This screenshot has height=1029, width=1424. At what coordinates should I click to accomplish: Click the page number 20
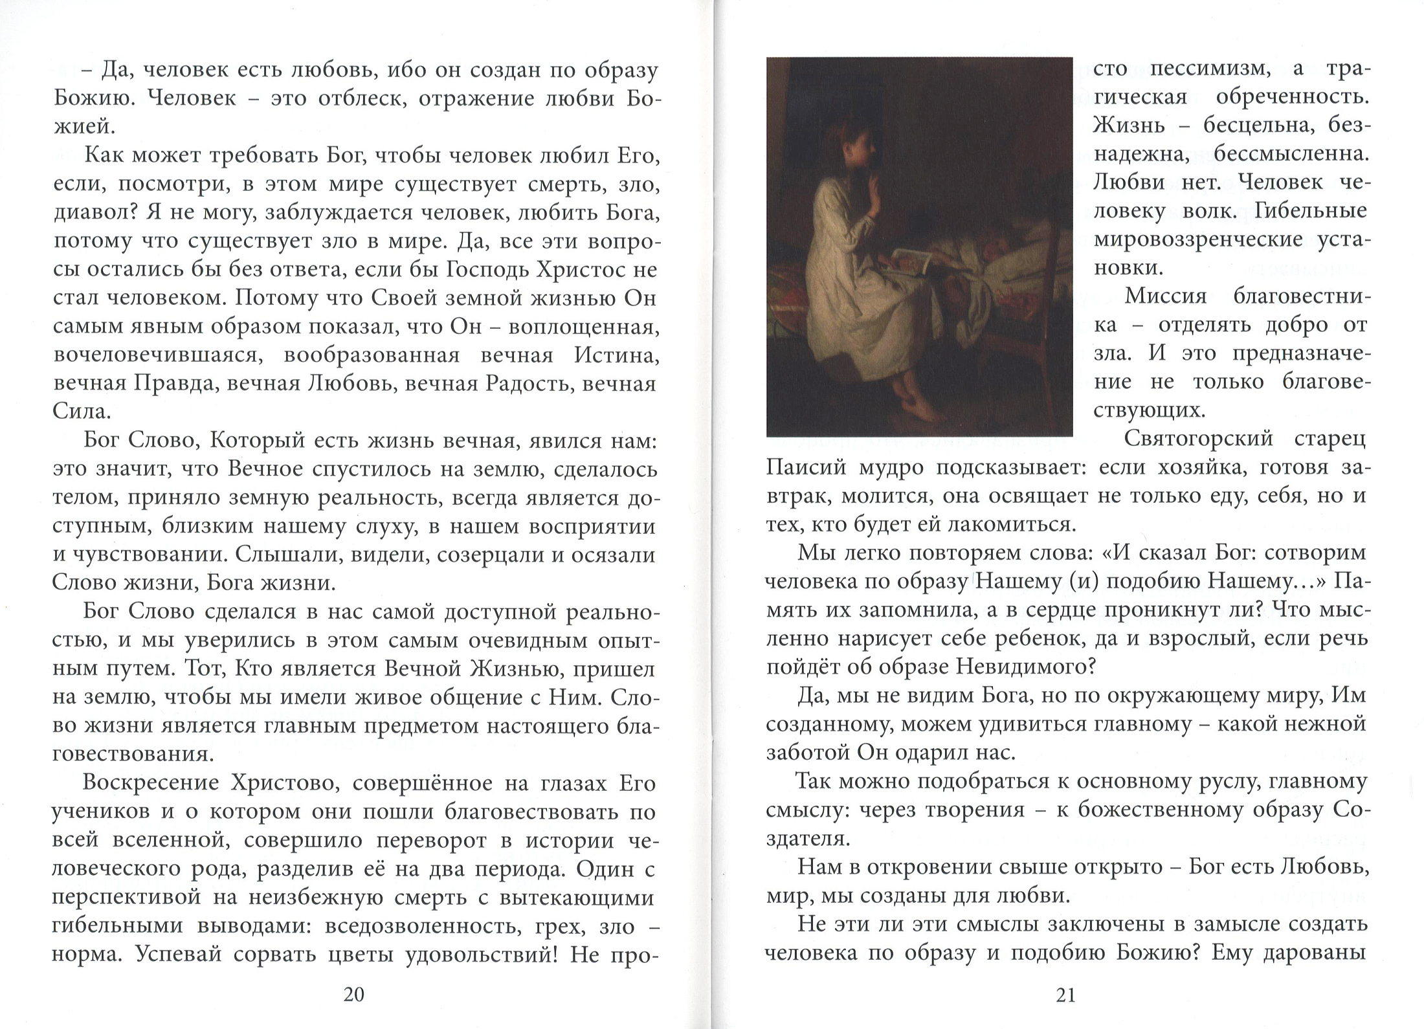(353, 995)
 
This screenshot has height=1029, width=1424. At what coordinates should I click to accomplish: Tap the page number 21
(1065, 995)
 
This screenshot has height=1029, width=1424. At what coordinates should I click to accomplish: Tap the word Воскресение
(151, 784)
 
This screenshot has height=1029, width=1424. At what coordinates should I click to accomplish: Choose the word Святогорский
(1197, 439)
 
